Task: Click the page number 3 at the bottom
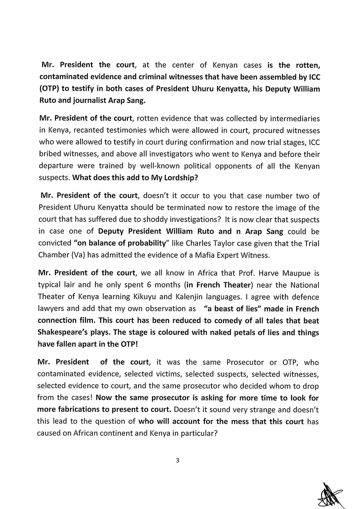click(x=177, y=460)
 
